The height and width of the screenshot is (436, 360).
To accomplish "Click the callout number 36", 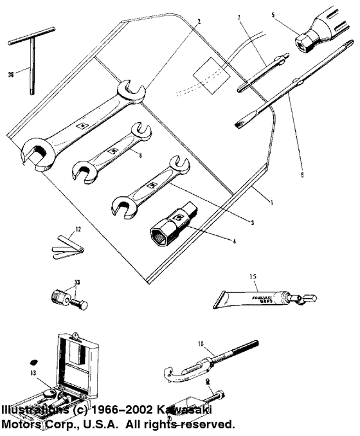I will pyautogui.click(x=10, y=75).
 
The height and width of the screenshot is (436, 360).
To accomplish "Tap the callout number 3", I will pyautogui.click(x=253, y=222).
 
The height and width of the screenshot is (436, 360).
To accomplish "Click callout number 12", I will pyautogui.click(x=78, y=228).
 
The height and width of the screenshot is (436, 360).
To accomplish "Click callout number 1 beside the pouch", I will pyautogui.click(x=272, y=203).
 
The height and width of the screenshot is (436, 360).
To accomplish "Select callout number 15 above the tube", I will pyautogui.click(x=253, y=277).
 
